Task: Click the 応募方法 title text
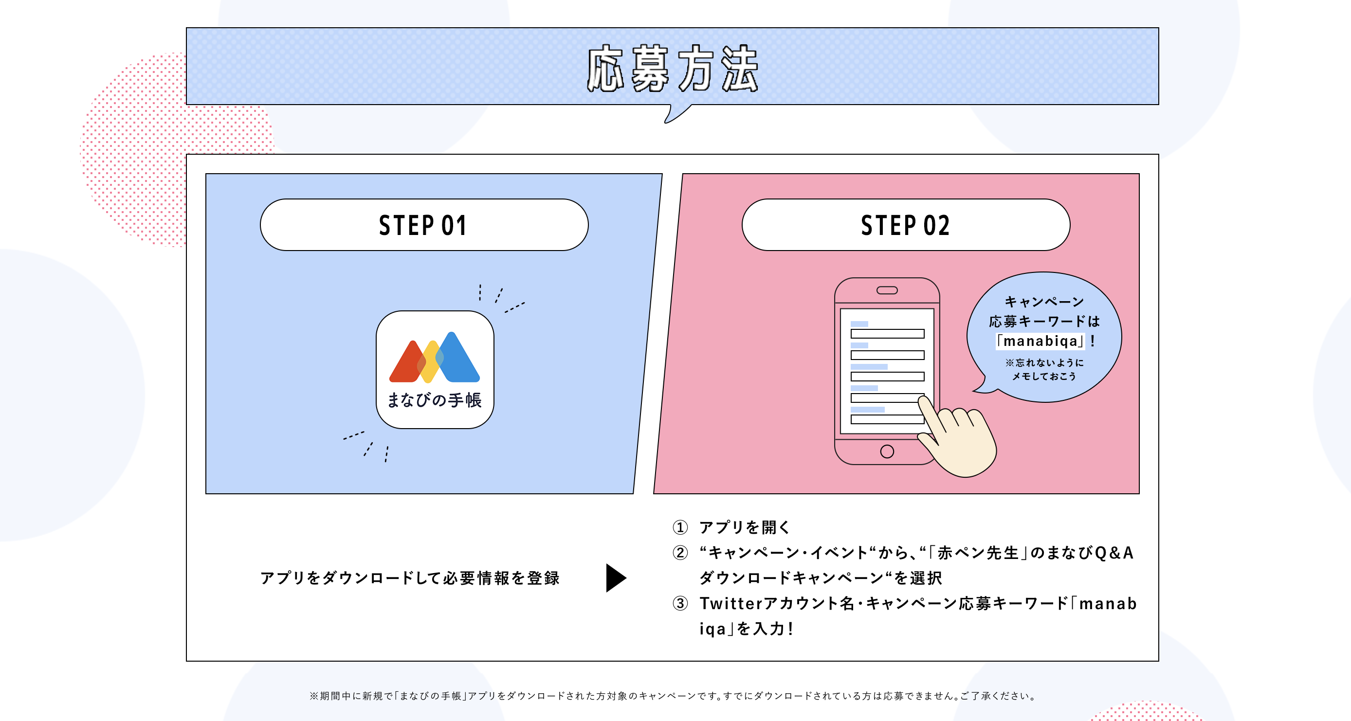[x=673, y=68]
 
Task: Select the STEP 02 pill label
[x=905, y=225]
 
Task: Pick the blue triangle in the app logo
[x=456, y=359]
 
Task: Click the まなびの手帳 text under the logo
[x=434, y=400]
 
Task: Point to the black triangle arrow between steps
[x=615, y=578]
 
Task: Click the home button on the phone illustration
[x=887, y=451]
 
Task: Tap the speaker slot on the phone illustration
[x=887, y=290]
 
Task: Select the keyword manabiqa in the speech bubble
[x=1041, y=342]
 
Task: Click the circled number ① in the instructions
[x=680, y=527]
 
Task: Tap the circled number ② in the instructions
[x=680, y=553]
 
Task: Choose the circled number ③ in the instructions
[x=680, y=604]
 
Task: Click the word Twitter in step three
[x=730, y=604]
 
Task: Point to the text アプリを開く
[x=745, y=527]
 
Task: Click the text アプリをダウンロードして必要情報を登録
[x=410, y=578]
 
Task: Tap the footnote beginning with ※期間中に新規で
[x=673, y=696]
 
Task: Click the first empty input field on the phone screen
[x=887, y=333]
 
